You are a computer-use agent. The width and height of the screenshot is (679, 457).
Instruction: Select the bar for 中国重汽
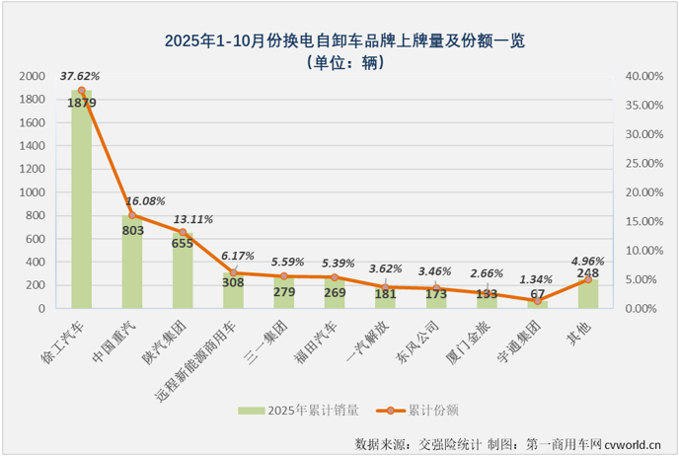tap(132, 263)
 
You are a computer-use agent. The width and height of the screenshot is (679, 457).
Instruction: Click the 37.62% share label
tap(80, 74)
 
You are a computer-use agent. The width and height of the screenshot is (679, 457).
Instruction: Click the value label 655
tap(183, 244)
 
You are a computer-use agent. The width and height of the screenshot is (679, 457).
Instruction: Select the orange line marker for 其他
tap(588, 279)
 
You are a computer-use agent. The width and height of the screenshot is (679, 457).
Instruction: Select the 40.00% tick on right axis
tap(642, 76)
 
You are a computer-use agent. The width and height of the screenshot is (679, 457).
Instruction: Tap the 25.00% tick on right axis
tap(642, 163)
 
